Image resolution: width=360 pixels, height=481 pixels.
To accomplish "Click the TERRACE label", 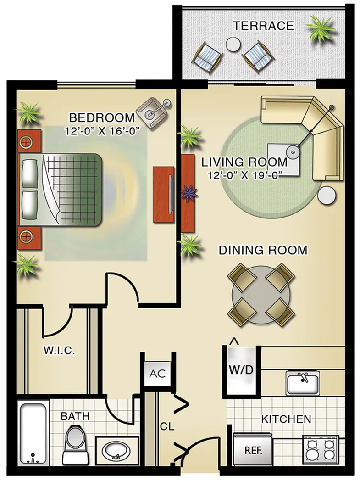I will click(263, 25).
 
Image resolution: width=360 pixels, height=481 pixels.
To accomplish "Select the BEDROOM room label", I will click(102, 118).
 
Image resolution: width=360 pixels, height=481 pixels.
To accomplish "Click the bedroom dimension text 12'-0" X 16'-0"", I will click(102, 130).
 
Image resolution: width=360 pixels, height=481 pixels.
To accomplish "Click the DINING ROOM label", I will click(263, 250).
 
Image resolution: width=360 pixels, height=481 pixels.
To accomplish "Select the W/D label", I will click(241, 369).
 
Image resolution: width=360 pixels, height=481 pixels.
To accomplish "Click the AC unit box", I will click(157, 373).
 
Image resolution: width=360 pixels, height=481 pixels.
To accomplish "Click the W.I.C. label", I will click(59, 351).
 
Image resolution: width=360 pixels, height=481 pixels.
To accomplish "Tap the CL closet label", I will click(167, 426).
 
